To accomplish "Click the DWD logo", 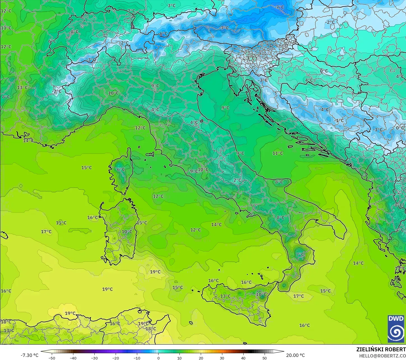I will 396,329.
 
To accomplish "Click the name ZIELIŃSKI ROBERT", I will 381,349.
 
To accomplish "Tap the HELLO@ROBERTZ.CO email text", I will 382,356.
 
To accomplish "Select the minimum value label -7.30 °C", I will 29,355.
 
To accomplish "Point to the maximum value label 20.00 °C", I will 295,355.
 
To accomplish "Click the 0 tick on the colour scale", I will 158,358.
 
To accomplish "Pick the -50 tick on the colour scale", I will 52,358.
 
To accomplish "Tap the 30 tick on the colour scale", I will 222,358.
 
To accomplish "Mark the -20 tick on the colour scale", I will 116,358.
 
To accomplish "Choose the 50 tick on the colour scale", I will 265,358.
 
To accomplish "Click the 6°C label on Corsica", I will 121,170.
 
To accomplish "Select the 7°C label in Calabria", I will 300,255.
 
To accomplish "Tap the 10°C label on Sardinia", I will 127,232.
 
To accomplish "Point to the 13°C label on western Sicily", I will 225,296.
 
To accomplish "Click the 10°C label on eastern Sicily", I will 261,294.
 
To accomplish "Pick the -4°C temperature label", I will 324,109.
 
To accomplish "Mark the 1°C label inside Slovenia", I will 251,58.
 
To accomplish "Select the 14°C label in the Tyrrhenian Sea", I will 216,224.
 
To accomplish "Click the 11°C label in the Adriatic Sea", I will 278,153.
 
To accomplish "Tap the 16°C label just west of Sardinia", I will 93,217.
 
